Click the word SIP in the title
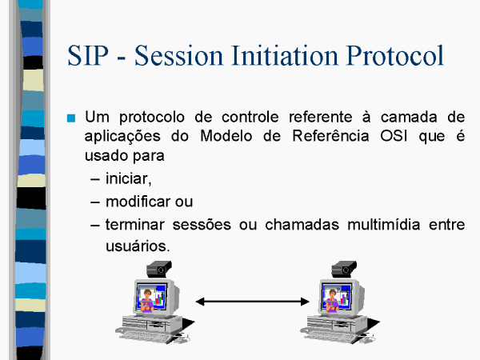pos(88,55)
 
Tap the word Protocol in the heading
pos(395,55)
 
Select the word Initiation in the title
pos(285,55)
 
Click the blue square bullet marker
pos(71,118)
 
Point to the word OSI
pos(394,136)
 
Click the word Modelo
pos(226,136)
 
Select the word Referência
pos(330,135)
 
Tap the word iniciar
pos(129,178)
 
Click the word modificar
pos(138,202)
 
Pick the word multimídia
pos(383,224)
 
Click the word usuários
pos(138,246)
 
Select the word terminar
pos(135,224)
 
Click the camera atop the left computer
pos(159,269)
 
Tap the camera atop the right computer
pos(344,269)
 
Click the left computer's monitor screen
pos(152,298)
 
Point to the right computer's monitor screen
pos(337,298)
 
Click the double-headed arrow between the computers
pos(252,302)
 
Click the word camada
pos(409,117)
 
